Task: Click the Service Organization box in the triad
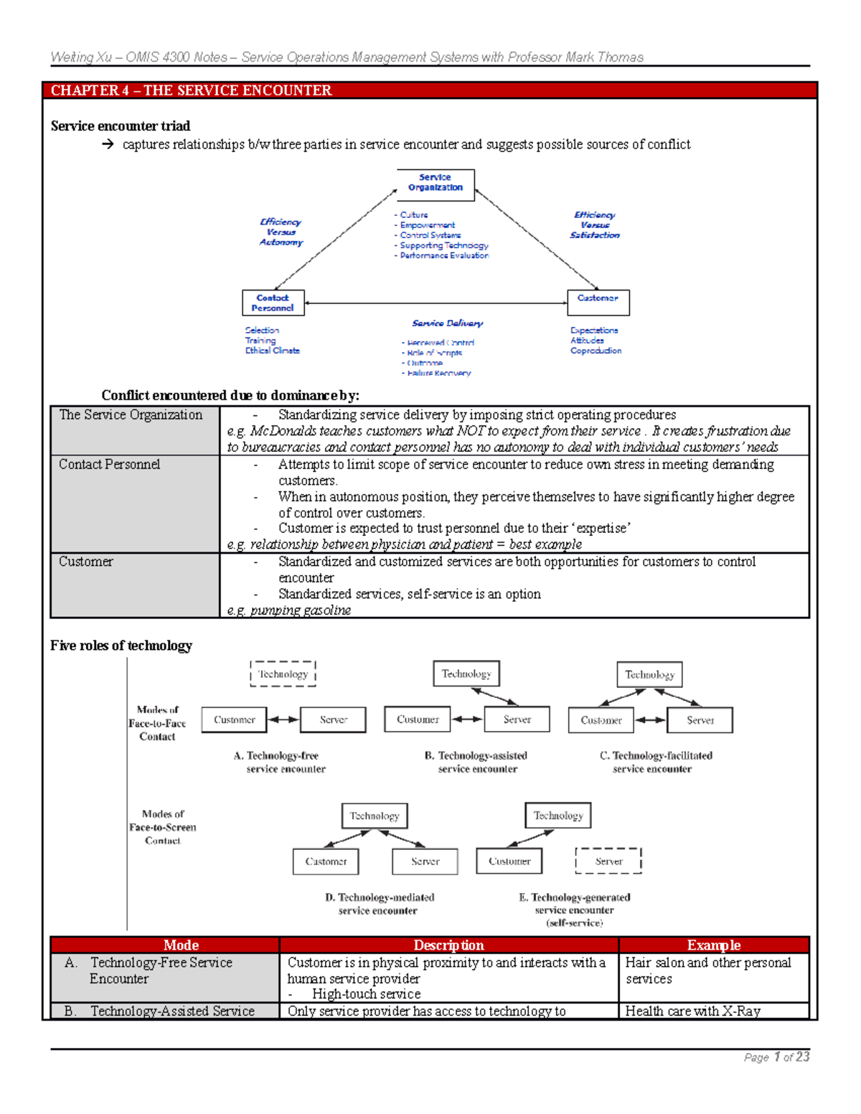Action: tap(436, 185)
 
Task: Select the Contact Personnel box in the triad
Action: tap(273, 303)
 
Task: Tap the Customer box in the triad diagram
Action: tap(598, 302)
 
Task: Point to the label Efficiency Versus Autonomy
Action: tap(281, 232)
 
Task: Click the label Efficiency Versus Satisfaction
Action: tap(594, 225)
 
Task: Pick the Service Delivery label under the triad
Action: tap(447, 324)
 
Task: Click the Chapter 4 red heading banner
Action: tap(429, 90)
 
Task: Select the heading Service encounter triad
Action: tap(120, 126)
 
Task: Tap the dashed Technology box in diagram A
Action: tap(283, 674)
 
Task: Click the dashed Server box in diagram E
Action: tap(608, 861)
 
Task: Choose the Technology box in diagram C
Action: tap(649, 674)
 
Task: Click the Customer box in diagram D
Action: tap(326, 862)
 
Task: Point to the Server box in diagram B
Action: tap(517, 719)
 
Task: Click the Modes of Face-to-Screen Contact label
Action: tap(162, 827)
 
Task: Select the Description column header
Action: tap(448, 945)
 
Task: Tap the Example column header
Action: tap(713, 945)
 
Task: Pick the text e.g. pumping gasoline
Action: tap(289, 610)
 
